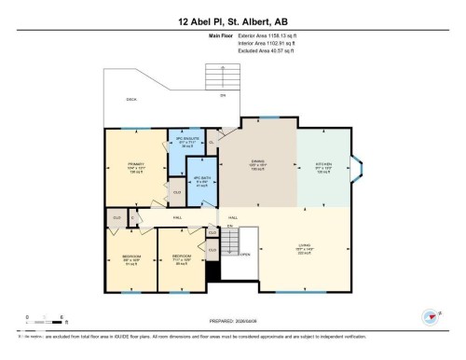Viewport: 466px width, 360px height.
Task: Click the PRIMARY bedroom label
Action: pos(136,165)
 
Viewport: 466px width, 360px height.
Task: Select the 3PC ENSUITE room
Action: pos(187,142)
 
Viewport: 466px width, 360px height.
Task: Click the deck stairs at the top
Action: pos(224,78)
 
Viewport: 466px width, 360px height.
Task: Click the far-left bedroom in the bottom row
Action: pos(130,257)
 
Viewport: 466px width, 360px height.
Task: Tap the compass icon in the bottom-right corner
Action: pos(431,317)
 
